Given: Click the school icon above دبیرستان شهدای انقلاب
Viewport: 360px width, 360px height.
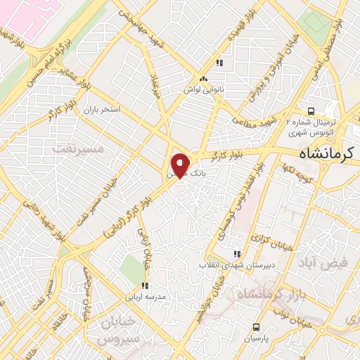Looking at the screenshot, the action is click(x=237, y=253).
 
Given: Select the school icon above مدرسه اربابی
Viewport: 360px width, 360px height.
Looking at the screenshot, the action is click(x=144, y=285).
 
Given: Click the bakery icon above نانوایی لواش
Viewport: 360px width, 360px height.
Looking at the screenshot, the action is click(x=204, y=79).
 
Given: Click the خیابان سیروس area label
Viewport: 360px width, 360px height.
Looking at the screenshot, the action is click(x=121, y=332).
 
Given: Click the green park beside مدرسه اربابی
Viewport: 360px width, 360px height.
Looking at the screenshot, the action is click(x=130, y=267).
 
